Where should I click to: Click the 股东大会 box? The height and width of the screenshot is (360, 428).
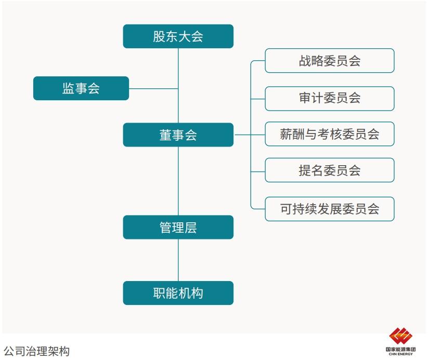(178, 36)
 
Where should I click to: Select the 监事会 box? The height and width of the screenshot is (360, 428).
(81, 88)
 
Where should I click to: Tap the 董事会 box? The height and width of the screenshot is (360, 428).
(178, 135)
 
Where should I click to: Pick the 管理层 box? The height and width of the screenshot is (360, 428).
(178, 228)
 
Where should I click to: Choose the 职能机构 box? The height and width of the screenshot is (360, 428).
(178, 293)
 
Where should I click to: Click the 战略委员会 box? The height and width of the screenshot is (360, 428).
(329, 61)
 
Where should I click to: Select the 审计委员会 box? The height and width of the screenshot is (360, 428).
(329, 98)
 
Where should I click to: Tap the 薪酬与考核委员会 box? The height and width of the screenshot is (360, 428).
(329, 134)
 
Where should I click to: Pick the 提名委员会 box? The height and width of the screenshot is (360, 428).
(329, 170)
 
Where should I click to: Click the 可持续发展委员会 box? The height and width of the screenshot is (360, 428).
(329, 209)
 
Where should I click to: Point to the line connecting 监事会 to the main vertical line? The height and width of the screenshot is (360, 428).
(153, 88)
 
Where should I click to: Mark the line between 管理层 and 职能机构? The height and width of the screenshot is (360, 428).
(178, 260)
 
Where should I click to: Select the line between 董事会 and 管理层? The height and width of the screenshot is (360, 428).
(178, 181)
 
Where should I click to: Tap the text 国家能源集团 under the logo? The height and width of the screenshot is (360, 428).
(400, 350)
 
